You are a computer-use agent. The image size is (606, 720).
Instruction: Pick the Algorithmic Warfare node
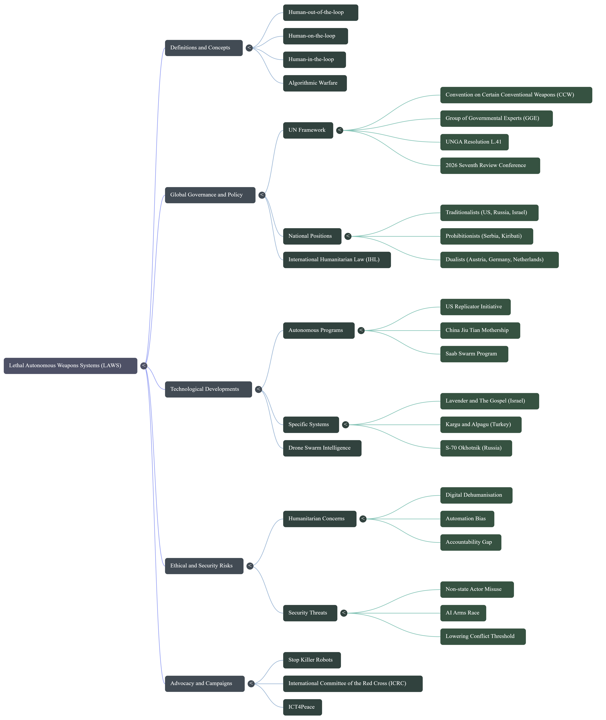[315, 83]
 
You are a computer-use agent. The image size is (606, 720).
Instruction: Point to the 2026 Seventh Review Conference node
[490, 166]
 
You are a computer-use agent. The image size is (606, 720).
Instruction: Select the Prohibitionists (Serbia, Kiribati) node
[486, 236]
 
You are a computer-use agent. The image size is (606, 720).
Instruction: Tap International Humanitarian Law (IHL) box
[337, 260]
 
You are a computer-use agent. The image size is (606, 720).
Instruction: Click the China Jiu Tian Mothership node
[480, 330]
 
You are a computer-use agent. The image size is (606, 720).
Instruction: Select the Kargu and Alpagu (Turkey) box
[481, 425]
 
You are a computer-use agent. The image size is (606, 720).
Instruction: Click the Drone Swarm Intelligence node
[322, 448]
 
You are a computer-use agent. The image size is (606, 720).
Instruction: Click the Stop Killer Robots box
[312, 660]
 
